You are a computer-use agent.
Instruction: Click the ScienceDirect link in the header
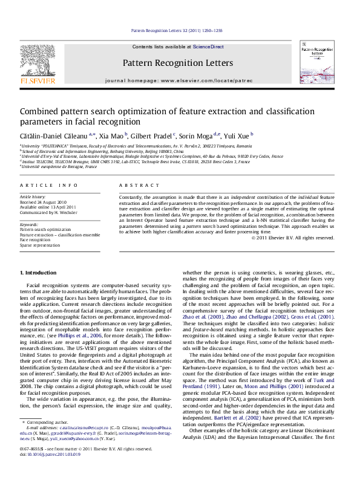[x=208, y=47]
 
